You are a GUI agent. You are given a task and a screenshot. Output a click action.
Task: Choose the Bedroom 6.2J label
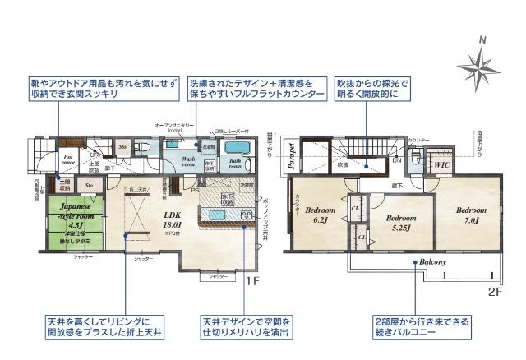(320, 215)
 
